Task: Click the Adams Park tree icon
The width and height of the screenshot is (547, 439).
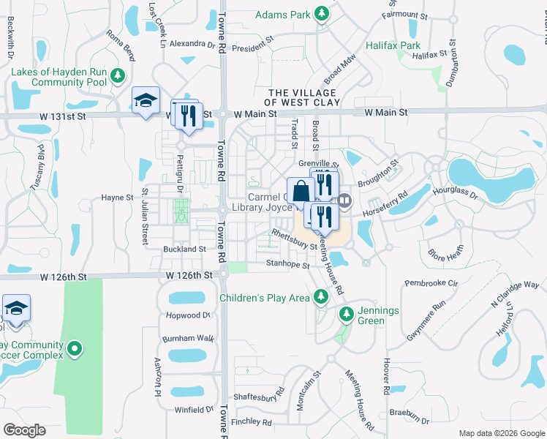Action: [x=321, y=14]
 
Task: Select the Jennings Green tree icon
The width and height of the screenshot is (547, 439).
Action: [x=347, y=315]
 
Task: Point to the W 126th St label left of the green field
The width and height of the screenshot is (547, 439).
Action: [x=64, y=277]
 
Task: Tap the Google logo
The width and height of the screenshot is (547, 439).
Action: [x=24, y=429]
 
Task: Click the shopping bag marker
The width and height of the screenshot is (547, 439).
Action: [x=301, y=192]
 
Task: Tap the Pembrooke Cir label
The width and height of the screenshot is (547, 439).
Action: [x=431, y=282]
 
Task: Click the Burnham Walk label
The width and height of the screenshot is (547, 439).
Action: [x=188, y=339]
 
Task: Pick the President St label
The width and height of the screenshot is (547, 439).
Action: [x=252, y=48]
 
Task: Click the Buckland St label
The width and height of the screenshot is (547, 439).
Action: [x=184, y=249]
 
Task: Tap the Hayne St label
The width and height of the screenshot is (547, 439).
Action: [x=117, y=198]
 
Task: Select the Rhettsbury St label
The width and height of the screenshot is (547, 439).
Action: [x=294, y=239]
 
